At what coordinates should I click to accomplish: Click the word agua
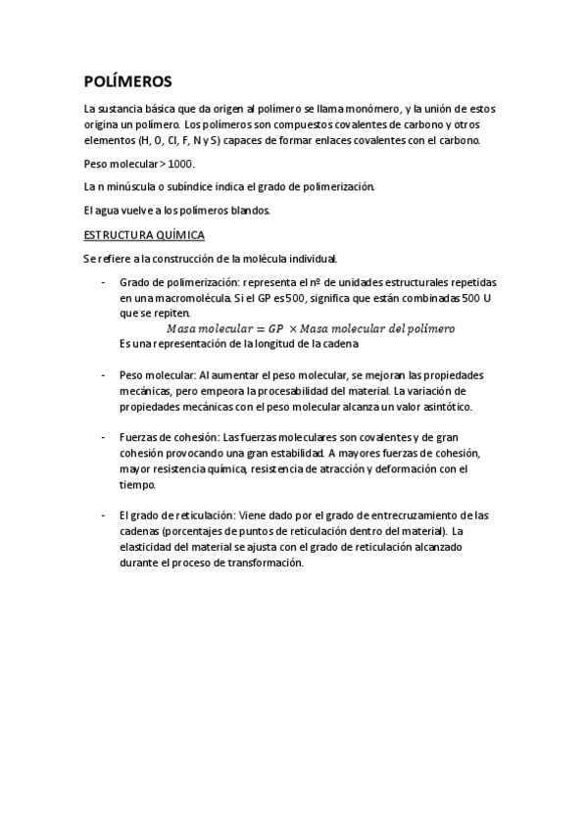pyautogui.click(x=110, y=211)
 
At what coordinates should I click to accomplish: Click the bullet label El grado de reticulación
pyautogui.click(x=176, y=515)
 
